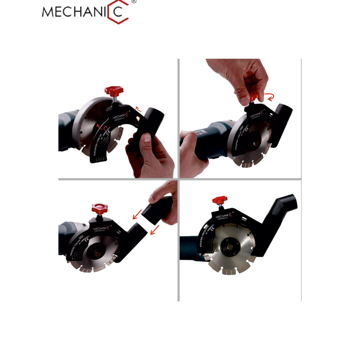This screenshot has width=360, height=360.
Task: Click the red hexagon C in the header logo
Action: [119, 12]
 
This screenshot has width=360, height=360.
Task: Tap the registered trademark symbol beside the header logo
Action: [134, 2]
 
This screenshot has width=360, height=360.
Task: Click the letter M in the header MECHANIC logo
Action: [49, 12]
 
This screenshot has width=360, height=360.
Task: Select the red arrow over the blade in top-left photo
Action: [98, 127]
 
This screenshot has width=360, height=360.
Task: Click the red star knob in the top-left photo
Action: [114, 91]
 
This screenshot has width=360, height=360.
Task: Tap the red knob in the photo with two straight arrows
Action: [98, 208]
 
